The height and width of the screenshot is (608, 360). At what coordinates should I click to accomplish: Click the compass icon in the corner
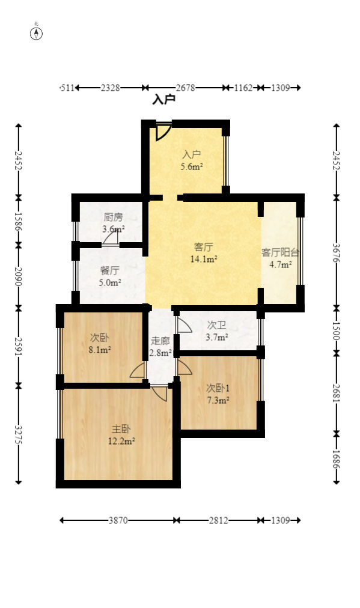(37, 33)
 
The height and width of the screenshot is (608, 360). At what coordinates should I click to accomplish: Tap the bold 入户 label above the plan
(163, 100)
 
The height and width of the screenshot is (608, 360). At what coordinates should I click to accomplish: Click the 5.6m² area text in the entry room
(192, 167)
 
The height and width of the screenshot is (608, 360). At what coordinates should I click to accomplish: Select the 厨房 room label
(113, 217)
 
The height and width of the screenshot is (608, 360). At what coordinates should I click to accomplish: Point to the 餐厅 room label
(109, 270)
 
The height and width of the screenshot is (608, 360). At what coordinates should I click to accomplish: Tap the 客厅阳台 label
(280, 252)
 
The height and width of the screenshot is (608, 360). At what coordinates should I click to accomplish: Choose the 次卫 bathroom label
(216, 325)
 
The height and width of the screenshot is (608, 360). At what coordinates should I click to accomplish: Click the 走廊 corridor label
(160, 341)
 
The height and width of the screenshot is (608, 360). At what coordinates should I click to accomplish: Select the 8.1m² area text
(100, 349)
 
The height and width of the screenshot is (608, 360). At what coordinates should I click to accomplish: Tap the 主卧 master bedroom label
(121, 429)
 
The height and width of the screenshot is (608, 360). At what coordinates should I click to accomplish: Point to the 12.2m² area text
(121, 441)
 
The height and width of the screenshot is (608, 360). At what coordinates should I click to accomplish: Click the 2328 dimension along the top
(110, 88)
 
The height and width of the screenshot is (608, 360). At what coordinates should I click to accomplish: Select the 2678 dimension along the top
(185, 88)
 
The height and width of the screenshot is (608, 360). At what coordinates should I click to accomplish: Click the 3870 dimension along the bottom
(118, 520)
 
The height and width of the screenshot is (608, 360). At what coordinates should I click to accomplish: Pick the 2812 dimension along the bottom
(219, 520)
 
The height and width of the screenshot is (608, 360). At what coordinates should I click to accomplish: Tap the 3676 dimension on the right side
(336, 252)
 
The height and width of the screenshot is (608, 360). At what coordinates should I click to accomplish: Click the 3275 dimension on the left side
(19, 434)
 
